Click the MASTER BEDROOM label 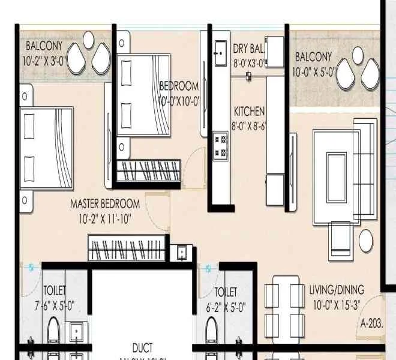coord(105,204)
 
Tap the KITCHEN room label coord(249,112)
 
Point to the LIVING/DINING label coord(337,290)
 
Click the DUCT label coord(142,347)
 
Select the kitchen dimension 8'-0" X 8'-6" coord(249,127)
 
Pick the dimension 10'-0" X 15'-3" coord(335,305)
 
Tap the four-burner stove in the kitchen coord(220,145)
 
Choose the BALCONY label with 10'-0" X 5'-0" coord(314,57)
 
